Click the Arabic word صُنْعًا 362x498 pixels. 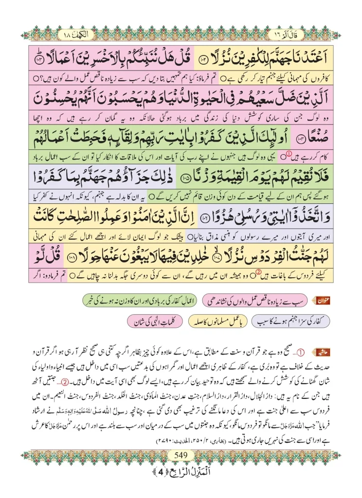(x=308, y=139)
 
